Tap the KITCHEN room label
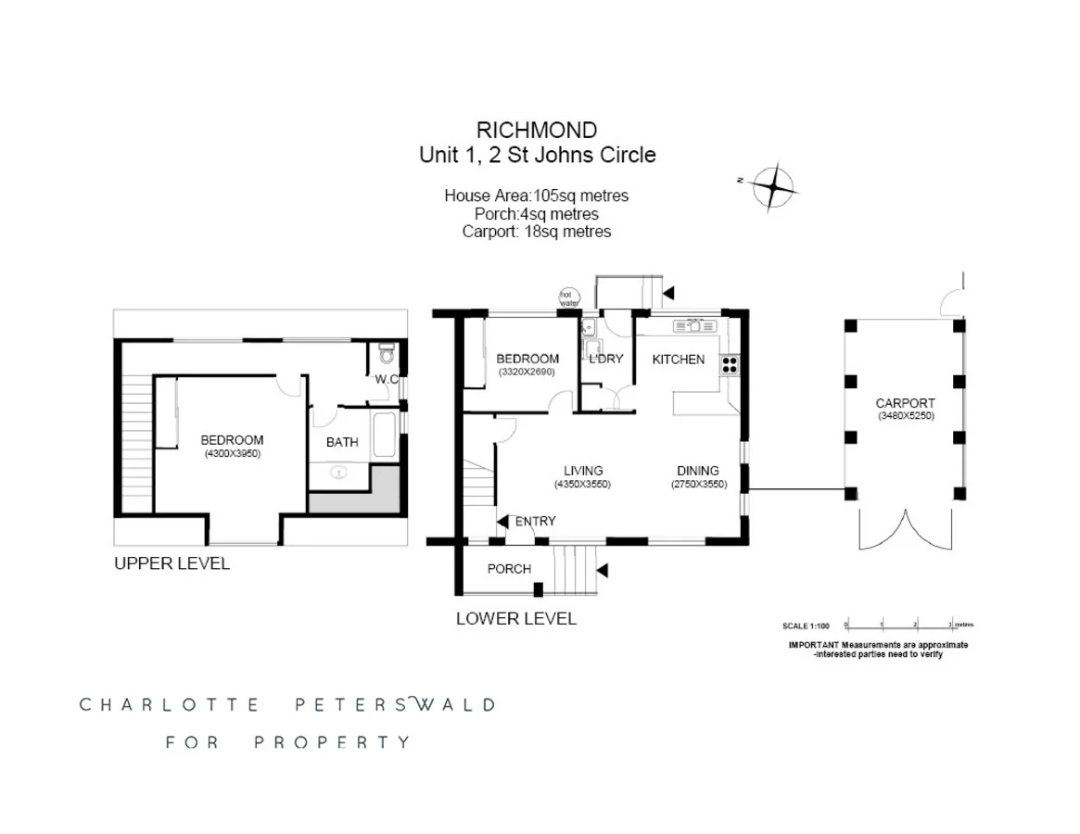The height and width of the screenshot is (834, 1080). click(678, 360)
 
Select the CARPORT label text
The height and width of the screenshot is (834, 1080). click(905, 403)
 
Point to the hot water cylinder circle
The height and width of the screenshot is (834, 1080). click(567, 297)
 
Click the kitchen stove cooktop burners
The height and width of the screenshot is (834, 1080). click(730, 365)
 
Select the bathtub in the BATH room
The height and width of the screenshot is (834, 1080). click(384, 435)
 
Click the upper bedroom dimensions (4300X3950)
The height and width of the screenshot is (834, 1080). click(233, 454)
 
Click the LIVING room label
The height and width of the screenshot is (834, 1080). click(584, 471)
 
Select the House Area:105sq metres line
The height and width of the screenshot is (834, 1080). click(537, 196)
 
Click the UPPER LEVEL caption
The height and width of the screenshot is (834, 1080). click(172, 563)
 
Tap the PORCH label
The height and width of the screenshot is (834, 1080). click(509, 568)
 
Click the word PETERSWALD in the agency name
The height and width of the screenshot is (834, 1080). click(394, 704)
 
